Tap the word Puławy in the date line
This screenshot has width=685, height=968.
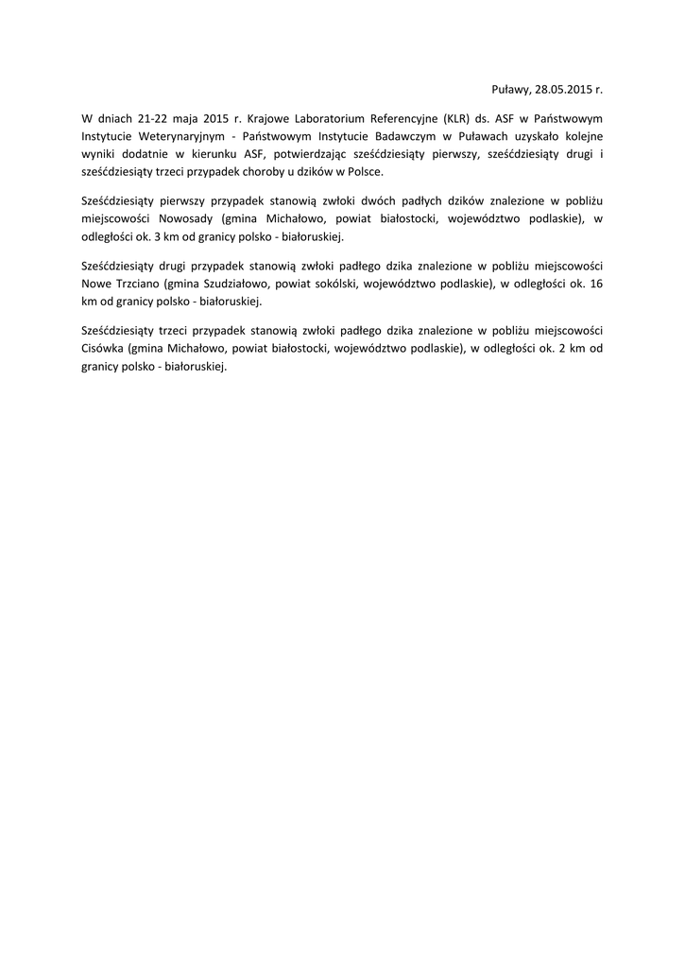pyautogui.click(x=510, y=90)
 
